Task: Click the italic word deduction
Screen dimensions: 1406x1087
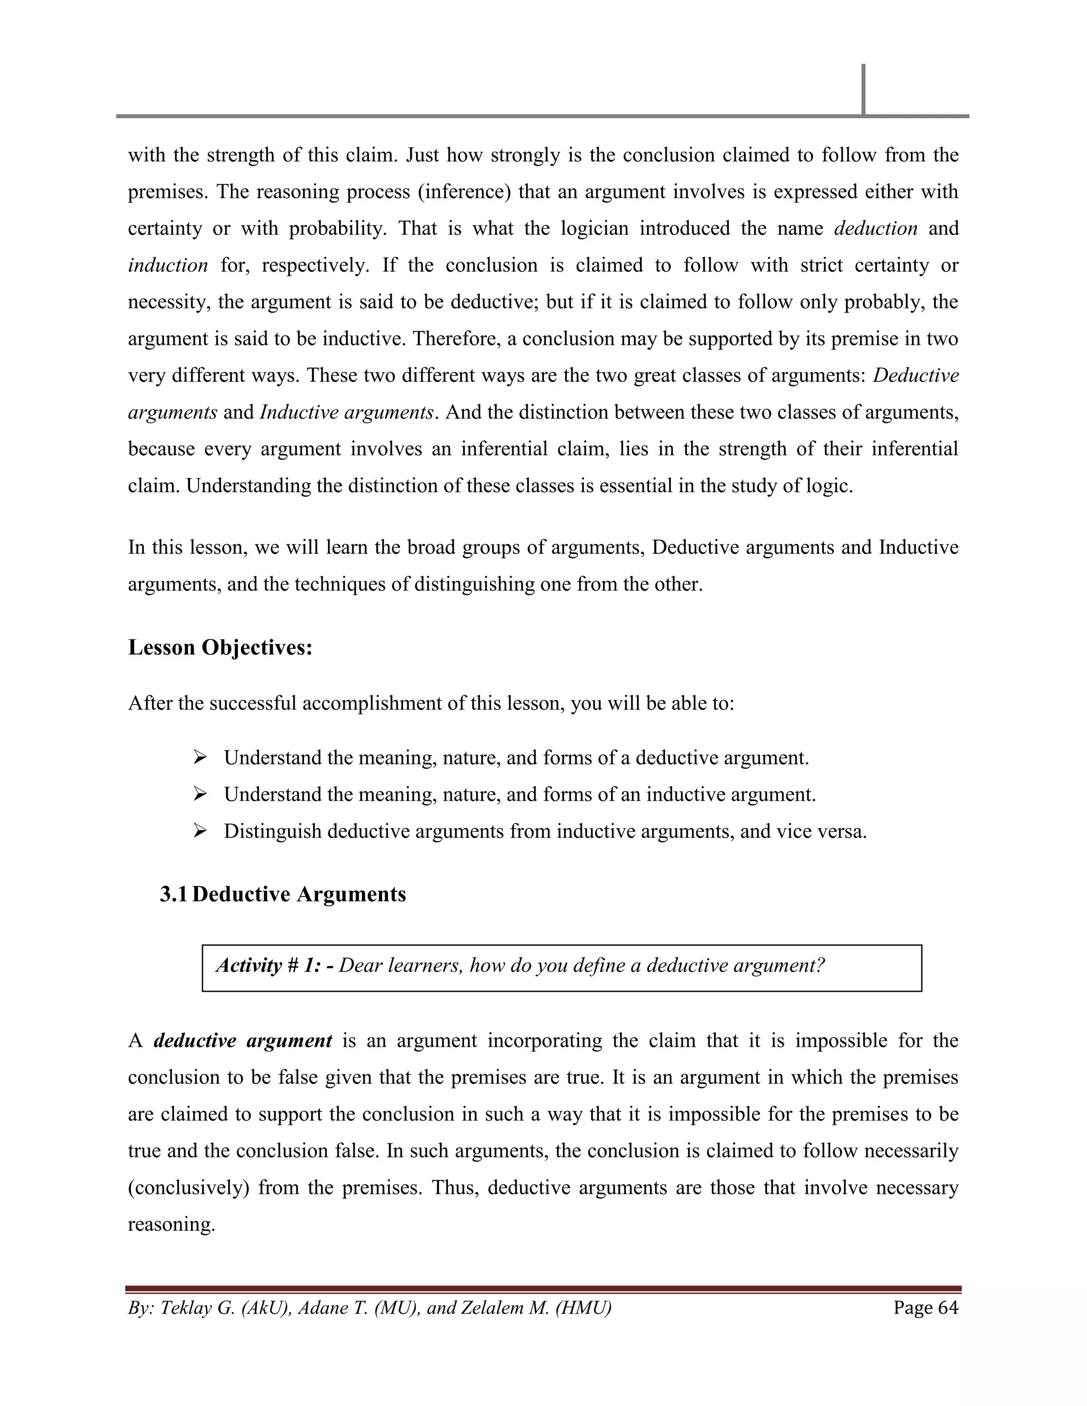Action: point(875,229)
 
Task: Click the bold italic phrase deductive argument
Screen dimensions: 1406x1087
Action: point(243,1041)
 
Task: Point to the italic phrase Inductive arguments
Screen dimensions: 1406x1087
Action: point(347,412)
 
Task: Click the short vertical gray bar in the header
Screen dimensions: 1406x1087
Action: point(863,89)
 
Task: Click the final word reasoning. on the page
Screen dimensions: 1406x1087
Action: point(171,1225)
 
